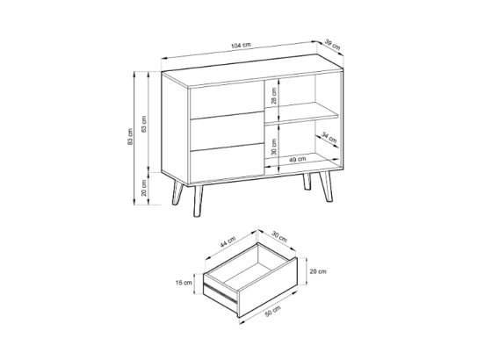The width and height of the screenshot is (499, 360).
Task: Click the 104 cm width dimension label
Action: point(241,45)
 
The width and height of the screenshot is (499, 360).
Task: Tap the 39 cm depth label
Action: point(333,45)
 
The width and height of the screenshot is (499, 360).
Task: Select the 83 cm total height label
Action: point(130,137)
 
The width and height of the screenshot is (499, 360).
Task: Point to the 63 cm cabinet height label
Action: point(144,124)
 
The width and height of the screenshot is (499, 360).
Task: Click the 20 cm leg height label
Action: point(144,188)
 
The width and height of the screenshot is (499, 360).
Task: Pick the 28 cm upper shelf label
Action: point(274,96)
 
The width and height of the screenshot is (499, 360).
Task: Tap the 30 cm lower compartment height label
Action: point(274,147)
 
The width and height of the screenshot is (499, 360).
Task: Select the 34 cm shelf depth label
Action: point(329,137)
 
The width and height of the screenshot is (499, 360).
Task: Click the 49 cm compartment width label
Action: point(298,159)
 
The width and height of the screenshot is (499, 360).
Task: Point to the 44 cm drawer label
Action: point(228,242)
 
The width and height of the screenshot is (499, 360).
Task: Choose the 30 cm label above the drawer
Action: point(279,236)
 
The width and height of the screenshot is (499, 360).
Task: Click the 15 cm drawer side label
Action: point(184,283)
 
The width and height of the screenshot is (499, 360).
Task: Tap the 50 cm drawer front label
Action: point(273,311)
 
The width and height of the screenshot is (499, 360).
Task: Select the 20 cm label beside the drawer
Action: point(318,271)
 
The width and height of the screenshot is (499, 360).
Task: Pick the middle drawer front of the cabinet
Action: point(228,131)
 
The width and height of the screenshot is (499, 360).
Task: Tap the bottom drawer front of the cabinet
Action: point(228,163)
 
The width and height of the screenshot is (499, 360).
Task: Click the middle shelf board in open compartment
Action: point(301,114)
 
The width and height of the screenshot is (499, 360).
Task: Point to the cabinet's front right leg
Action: point(327,187)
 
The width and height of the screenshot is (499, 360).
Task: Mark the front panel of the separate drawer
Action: point(268,288)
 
